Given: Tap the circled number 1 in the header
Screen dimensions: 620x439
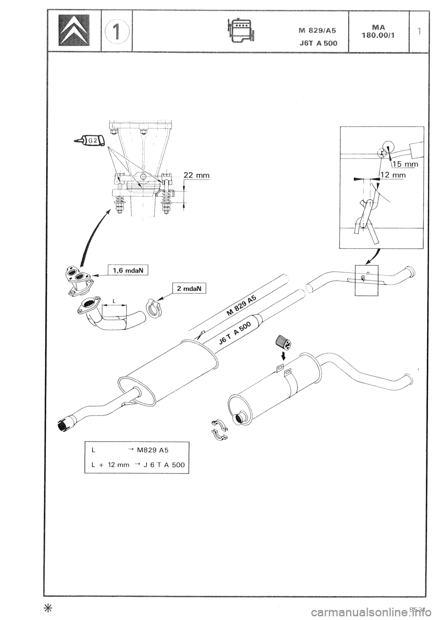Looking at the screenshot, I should click(x=116, y=31).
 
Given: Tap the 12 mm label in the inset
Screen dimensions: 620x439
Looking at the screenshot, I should click(x=393, y=174).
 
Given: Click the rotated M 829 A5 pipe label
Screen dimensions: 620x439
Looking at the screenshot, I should click(x=242, y=305).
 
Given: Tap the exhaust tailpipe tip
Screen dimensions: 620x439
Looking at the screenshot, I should click(x=67, y=422).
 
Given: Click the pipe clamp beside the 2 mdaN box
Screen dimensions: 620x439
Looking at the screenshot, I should click(x=152, y=309).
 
